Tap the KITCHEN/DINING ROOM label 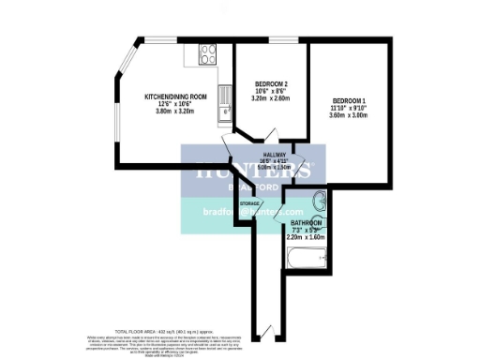(x=174, y=97)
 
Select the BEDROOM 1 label (x=348, y=101)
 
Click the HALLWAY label (x=274, y=155)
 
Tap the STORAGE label (x=249, y=203)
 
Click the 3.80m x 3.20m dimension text (x=174, y=111)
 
